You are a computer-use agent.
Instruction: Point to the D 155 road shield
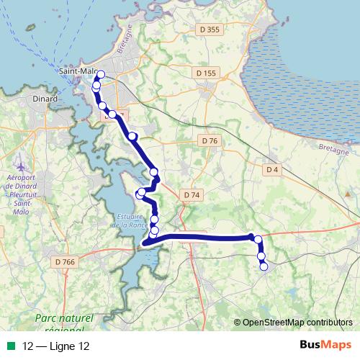tap(206, 73)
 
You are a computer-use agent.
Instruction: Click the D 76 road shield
tap(210, 140)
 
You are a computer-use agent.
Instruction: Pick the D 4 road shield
tap(271, 169)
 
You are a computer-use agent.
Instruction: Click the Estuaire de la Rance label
tap(130, 220)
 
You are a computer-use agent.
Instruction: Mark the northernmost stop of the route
tap(100, 74)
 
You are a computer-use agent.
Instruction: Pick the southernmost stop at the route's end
tap(264, 266)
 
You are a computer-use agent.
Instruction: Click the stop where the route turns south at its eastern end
tap(258, 239)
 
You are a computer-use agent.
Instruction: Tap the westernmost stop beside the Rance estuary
tap(140, 192)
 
